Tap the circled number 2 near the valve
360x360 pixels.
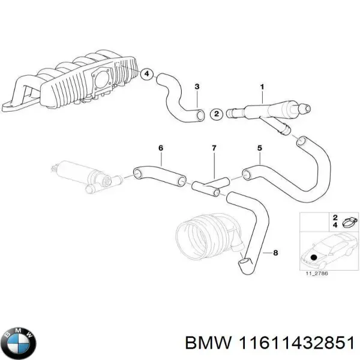point(217,113)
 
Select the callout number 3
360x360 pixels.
point(197,88)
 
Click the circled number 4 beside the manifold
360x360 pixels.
point(145,74)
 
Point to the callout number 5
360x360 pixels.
point(259,148)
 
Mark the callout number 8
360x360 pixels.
point(275,253)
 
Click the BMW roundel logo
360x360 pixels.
point(20,342)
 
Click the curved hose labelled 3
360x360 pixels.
point(177,96)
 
